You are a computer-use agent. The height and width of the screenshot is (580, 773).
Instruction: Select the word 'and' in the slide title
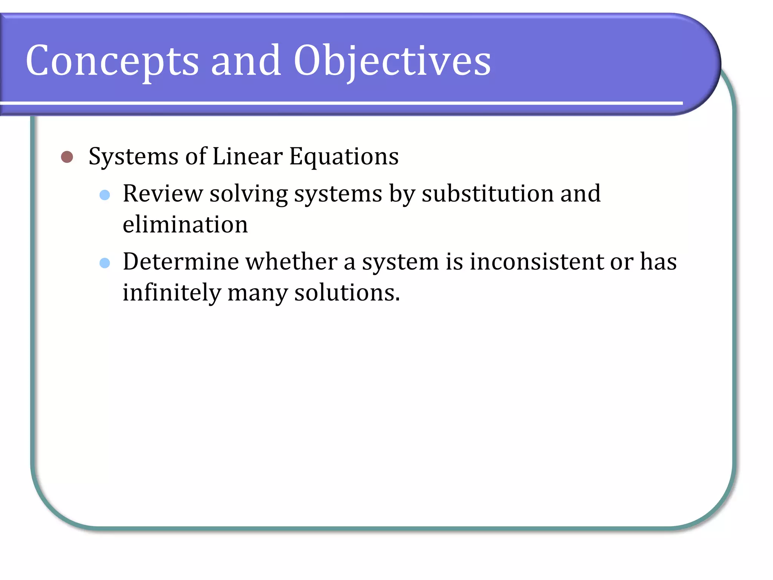(246, 60)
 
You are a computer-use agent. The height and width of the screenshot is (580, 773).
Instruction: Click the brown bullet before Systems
(67, 157)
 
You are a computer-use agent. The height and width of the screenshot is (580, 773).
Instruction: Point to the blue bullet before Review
(105, 195)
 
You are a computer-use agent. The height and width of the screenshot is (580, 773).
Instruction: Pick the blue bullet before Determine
(105, 263)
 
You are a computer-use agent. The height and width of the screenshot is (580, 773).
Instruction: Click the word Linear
(247, 156)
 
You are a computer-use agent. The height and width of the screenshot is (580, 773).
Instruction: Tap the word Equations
(344, 157)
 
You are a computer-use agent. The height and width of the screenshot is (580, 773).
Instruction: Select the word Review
(163, 193)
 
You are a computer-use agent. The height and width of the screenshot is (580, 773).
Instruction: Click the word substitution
(487, 193)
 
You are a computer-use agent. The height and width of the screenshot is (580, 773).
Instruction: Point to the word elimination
(185, 224)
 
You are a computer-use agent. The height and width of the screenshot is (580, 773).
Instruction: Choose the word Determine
(181, 261)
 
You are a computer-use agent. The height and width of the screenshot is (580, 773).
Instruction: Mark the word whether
(291, 261)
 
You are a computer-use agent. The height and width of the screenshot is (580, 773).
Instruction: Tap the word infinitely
(172, 293)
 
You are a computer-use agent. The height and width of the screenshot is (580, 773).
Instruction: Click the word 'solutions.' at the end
(347, 293)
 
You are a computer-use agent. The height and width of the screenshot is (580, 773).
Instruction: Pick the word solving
(249, 194)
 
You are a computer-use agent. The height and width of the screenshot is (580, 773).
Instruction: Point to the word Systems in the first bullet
(133, 157)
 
